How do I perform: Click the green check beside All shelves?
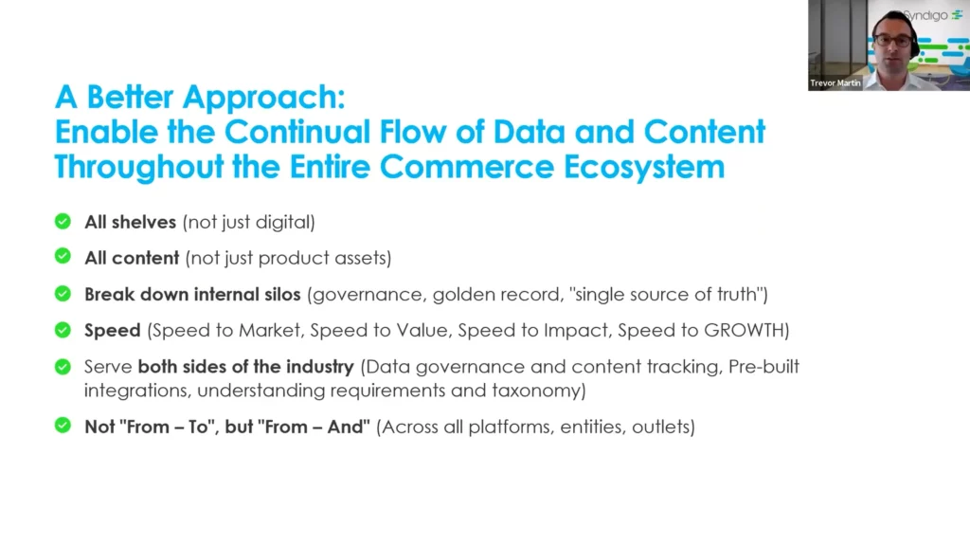click(63, 221)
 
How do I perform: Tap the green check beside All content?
click(63, 256)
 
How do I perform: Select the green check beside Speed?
click(63, 329)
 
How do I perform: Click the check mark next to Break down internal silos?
click(63, 294)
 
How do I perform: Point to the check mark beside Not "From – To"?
click(63, 426)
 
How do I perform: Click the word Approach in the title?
click(263, 99)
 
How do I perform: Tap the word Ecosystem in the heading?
click(644, 168)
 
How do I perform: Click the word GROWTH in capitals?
click(744, 331)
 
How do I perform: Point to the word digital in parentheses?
click(282, 222)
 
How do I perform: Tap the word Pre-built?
click(764, 367)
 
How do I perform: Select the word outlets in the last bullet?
click(660, 428)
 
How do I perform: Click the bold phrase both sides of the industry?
click(245, 367)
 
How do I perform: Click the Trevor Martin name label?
click(835, 83)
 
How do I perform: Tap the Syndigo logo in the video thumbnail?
click(932, 15)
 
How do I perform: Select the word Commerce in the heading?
click(466, 168)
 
